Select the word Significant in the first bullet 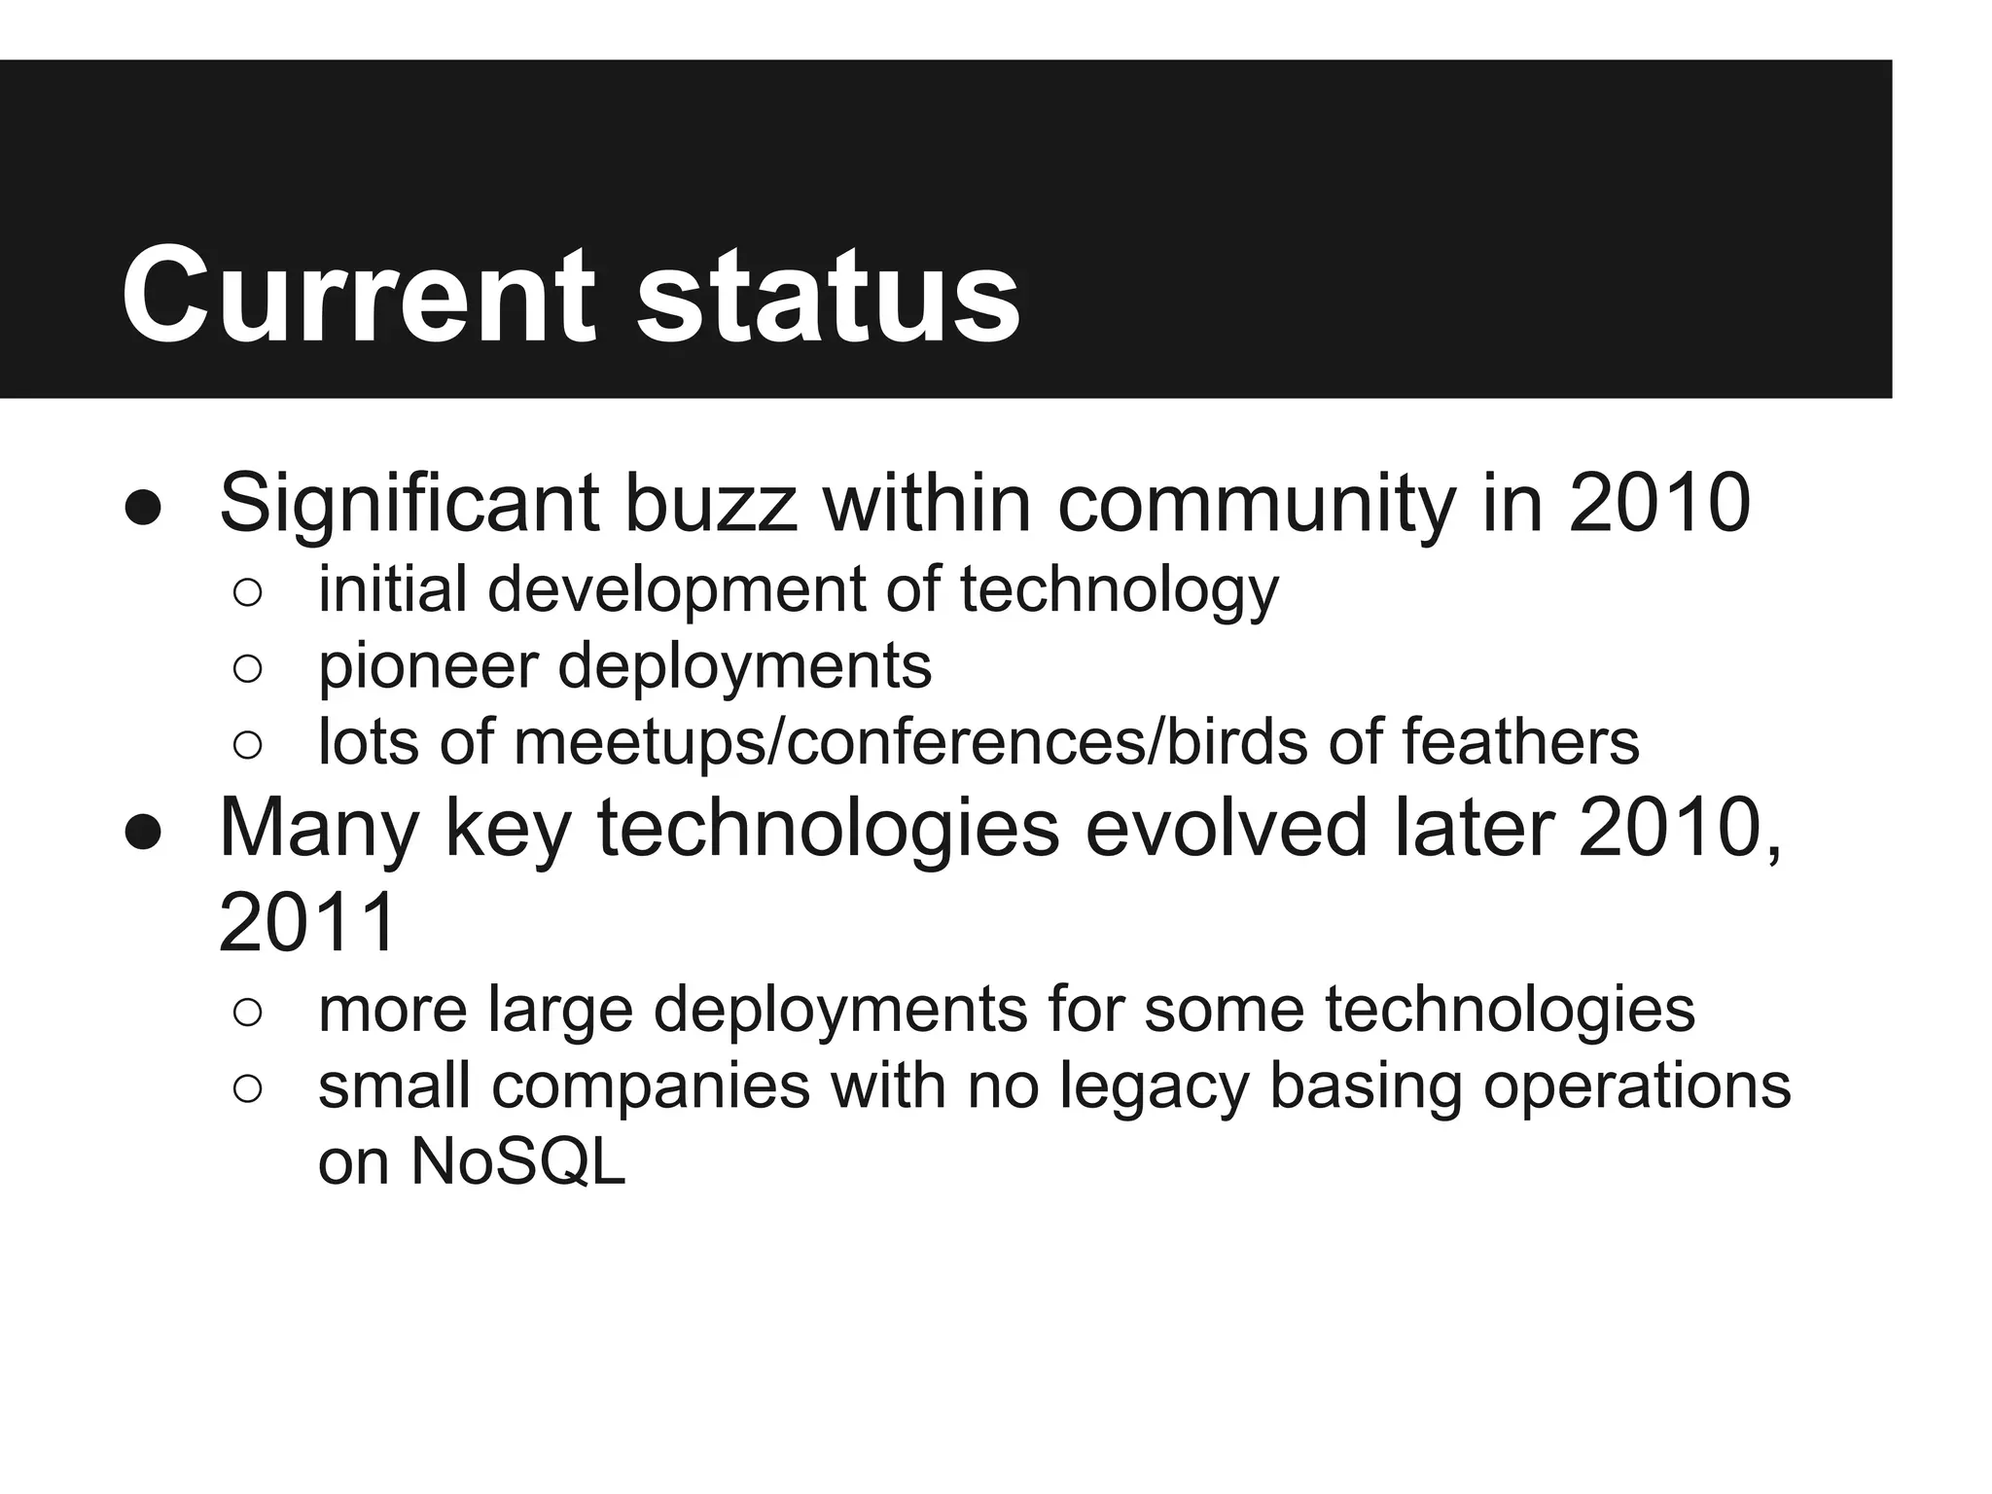coord(409,503)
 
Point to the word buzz coord(710,503)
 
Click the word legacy coord(1154,1086)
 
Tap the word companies coord(651,1086)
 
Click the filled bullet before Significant coord(143,508)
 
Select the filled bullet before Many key coord(143,832)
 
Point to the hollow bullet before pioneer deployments coord(248,669)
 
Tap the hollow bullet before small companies coord(248,1089)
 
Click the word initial coord(392,589)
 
